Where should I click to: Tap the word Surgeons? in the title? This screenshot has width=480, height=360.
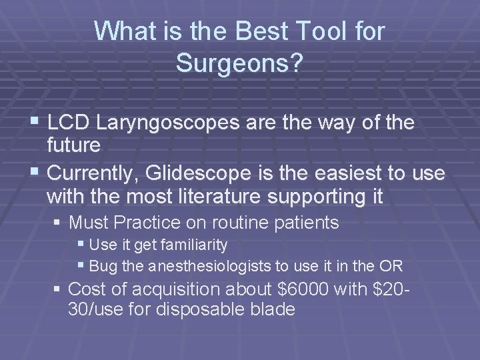(239, 63)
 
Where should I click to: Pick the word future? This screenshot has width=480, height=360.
(74, 144)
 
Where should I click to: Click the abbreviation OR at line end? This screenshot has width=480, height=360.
(391, 267)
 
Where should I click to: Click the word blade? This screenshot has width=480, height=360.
(273, 309)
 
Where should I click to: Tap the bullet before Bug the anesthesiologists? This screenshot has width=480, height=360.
(82, 267)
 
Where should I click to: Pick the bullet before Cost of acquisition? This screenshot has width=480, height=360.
(59, 289)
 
